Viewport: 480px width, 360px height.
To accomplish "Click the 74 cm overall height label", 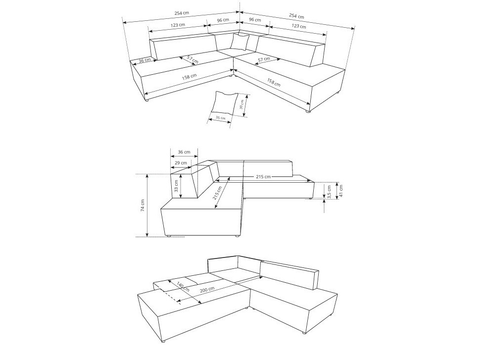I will click(143, 206).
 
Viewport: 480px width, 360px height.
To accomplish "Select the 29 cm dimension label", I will click(181, 162).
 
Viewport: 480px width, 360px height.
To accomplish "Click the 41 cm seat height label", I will click(341, 190).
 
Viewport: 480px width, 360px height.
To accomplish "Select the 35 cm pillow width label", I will click(220, 118).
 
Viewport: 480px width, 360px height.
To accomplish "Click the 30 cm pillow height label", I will click(241, 104).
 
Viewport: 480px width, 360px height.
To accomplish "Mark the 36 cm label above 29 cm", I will click(184, 152).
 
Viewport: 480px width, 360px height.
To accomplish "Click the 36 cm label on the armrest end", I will click(144, 60).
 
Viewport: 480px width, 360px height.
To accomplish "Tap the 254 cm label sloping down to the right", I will click(297, 16).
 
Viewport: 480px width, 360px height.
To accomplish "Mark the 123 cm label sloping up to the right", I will click(178, 25).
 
